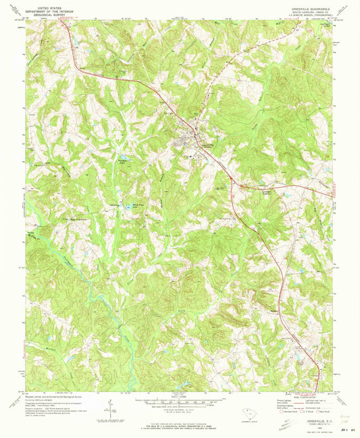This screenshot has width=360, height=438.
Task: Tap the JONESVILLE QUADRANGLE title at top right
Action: (x=303, y=4)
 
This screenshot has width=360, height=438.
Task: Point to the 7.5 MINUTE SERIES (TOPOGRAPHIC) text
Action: (x=303, y=12)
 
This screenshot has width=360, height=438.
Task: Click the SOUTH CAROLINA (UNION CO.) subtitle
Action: (x=303, y=8)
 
